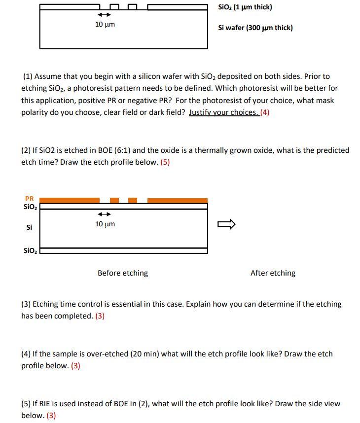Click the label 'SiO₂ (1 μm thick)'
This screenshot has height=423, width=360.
pos(245,7)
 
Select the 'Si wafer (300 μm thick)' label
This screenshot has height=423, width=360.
pos(255,28)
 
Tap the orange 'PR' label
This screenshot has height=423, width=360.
pos(29,199)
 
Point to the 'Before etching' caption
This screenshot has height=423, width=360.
pos(122,273)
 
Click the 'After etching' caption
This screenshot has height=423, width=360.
pos(273,273)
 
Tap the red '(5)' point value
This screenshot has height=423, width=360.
pos(165,162)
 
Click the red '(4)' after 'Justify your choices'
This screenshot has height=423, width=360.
pos(265,112)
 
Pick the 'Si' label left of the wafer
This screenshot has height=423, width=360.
pos(29,227)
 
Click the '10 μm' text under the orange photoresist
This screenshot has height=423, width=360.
pos(105,224)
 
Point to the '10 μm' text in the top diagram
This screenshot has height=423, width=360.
pos(105,24)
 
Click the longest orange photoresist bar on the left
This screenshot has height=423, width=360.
pos(70,200)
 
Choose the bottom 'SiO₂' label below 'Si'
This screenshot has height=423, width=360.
pos(29,250)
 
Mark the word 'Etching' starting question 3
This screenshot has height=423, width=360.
pos(45,304)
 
